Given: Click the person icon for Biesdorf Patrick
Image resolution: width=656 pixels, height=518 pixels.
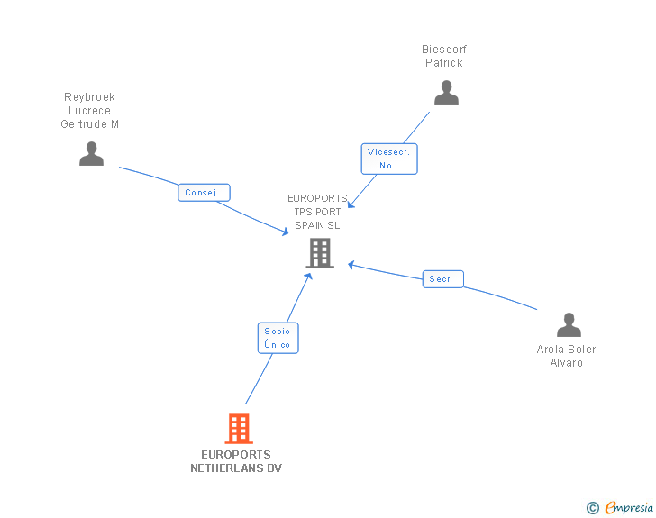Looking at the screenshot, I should click(x=446, y=93).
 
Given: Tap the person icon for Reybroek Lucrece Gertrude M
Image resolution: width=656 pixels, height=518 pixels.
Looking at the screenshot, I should click(x=91, y=154).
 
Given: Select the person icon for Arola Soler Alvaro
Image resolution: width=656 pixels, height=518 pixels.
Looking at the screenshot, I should click(x=569, y=324).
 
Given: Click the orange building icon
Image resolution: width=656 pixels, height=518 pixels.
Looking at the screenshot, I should click(x=238, y=429).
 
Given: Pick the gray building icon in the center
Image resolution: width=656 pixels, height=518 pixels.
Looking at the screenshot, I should click(x=320, y=253).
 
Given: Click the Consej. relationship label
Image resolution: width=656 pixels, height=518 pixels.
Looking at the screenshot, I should click(x=204, y=193).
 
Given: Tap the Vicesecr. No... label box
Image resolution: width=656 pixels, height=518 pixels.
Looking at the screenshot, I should click(x=389, y=159).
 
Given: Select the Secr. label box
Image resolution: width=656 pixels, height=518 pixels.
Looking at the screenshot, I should click(x=442, y=279).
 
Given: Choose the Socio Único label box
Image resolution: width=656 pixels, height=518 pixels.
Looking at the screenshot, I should click(x=278, y=338).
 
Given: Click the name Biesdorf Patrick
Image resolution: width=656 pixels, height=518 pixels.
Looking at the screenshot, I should click(x=444, y=56).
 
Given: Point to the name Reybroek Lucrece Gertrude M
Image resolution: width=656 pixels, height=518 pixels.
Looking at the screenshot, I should click(x=90, y=111).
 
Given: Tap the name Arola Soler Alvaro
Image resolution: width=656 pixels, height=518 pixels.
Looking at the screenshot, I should click(x=567, y=356).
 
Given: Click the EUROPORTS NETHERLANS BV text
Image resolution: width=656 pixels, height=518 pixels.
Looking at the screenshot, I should click(x=236, y=461).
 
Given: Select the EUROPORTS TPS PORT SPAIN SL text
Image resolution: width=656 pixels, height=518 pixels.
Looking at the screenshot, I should click(x=317, y=212).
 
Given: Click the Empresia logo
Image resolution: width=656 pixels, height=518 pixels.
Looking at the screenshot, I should click(x=629, y=508).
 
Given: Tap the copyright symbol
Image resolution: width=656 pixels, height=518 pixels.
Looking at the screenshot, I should click(x=592, y=508).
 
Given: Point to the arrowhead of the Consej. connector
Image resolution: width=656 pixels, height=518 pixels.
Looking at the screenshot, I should click(x=286, y=232).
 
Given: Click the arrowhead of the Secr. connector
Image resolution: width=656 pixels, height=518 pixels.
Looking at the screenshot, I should click(x=351, y=264).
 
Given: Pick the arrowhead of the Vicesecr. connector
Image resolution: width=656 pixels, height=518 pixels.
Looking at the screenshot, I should click(x=351, y=205).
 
